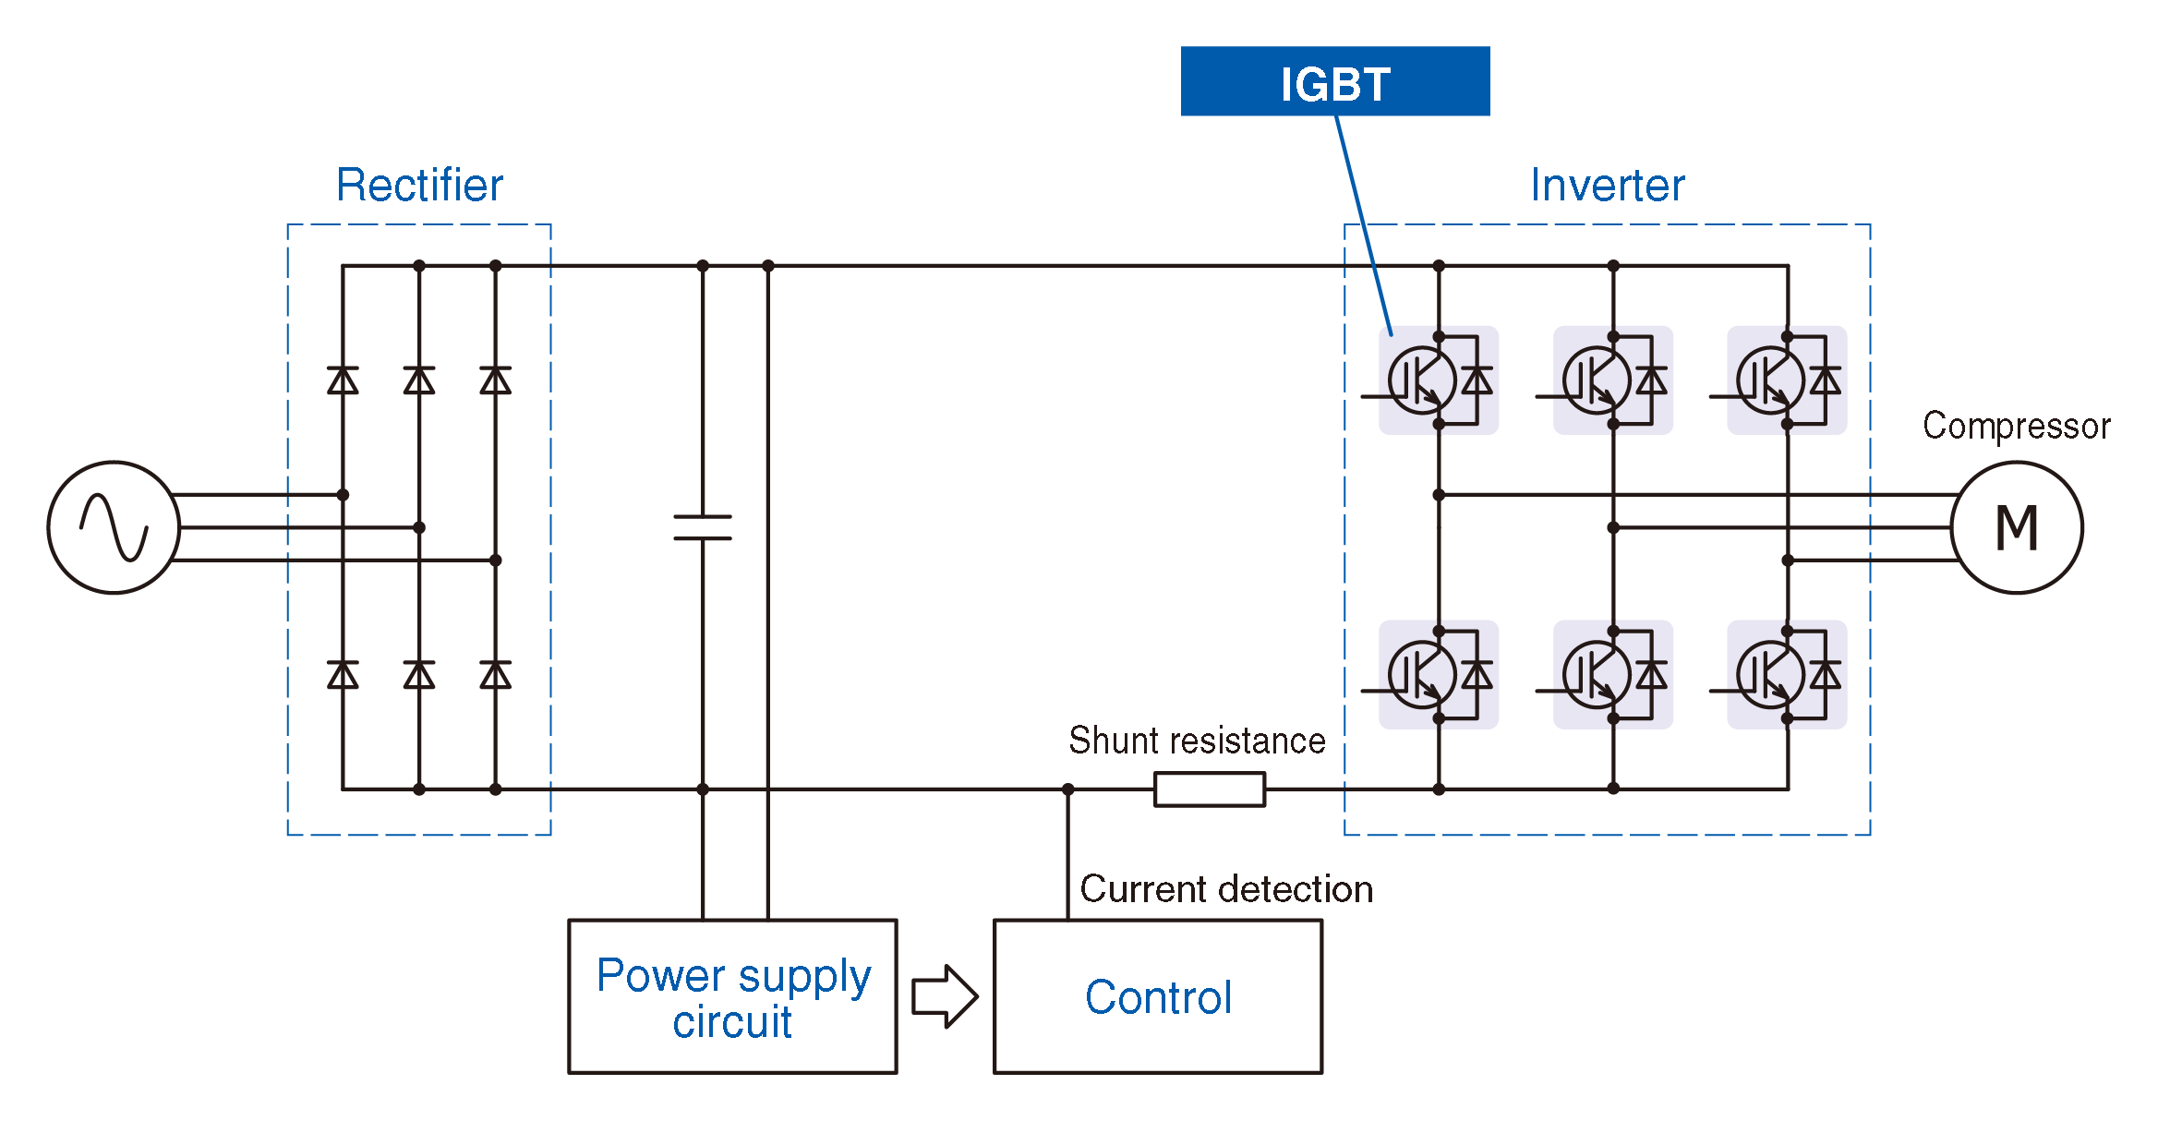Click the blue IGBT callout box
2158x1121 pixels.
(x=1334, y=81)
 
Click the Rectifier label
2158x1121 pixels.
(x=419, y=185)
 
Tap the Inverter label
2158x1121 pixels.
(x=1607, y=185)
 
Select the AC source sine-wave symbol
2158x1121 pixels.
(x=114, y=527)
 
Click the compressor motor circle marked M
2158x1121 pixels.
(x=2017, y=527)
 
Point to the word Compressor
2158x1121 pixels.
(x=2016, y=426)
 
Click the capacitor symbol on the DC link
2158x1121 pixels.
(x=703, y=527)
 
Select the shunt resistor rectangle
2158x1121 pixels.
(x=1210, y=790)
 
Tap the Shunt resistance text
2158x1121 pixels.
(x=1197, y=741)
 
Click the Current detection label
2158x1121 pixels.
(x=1226, y=889)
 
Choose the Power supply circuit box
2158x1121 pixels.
(x=732, y=996)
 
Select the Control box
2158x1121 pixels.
(x=1158, y=996)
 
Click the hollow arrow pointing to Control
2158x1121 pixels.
(x=945, y=996)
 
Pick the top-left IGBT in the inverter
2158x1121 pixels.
(x=1438, y=380)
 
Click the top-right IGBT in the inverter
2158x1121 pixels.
(x=1787, y=380)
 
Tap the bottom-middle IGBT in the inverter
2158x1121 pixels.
(x=1612, y=675)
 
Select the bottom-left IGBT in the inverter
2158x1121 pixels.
(x=1438, y=675)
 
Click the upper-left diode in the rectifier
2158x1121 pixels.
(x=343, y=380)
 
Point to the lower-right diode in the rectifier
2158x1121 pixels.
(x=495, y=675)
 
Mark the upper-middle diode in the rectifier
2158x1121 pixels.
(x=419, y=380)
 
